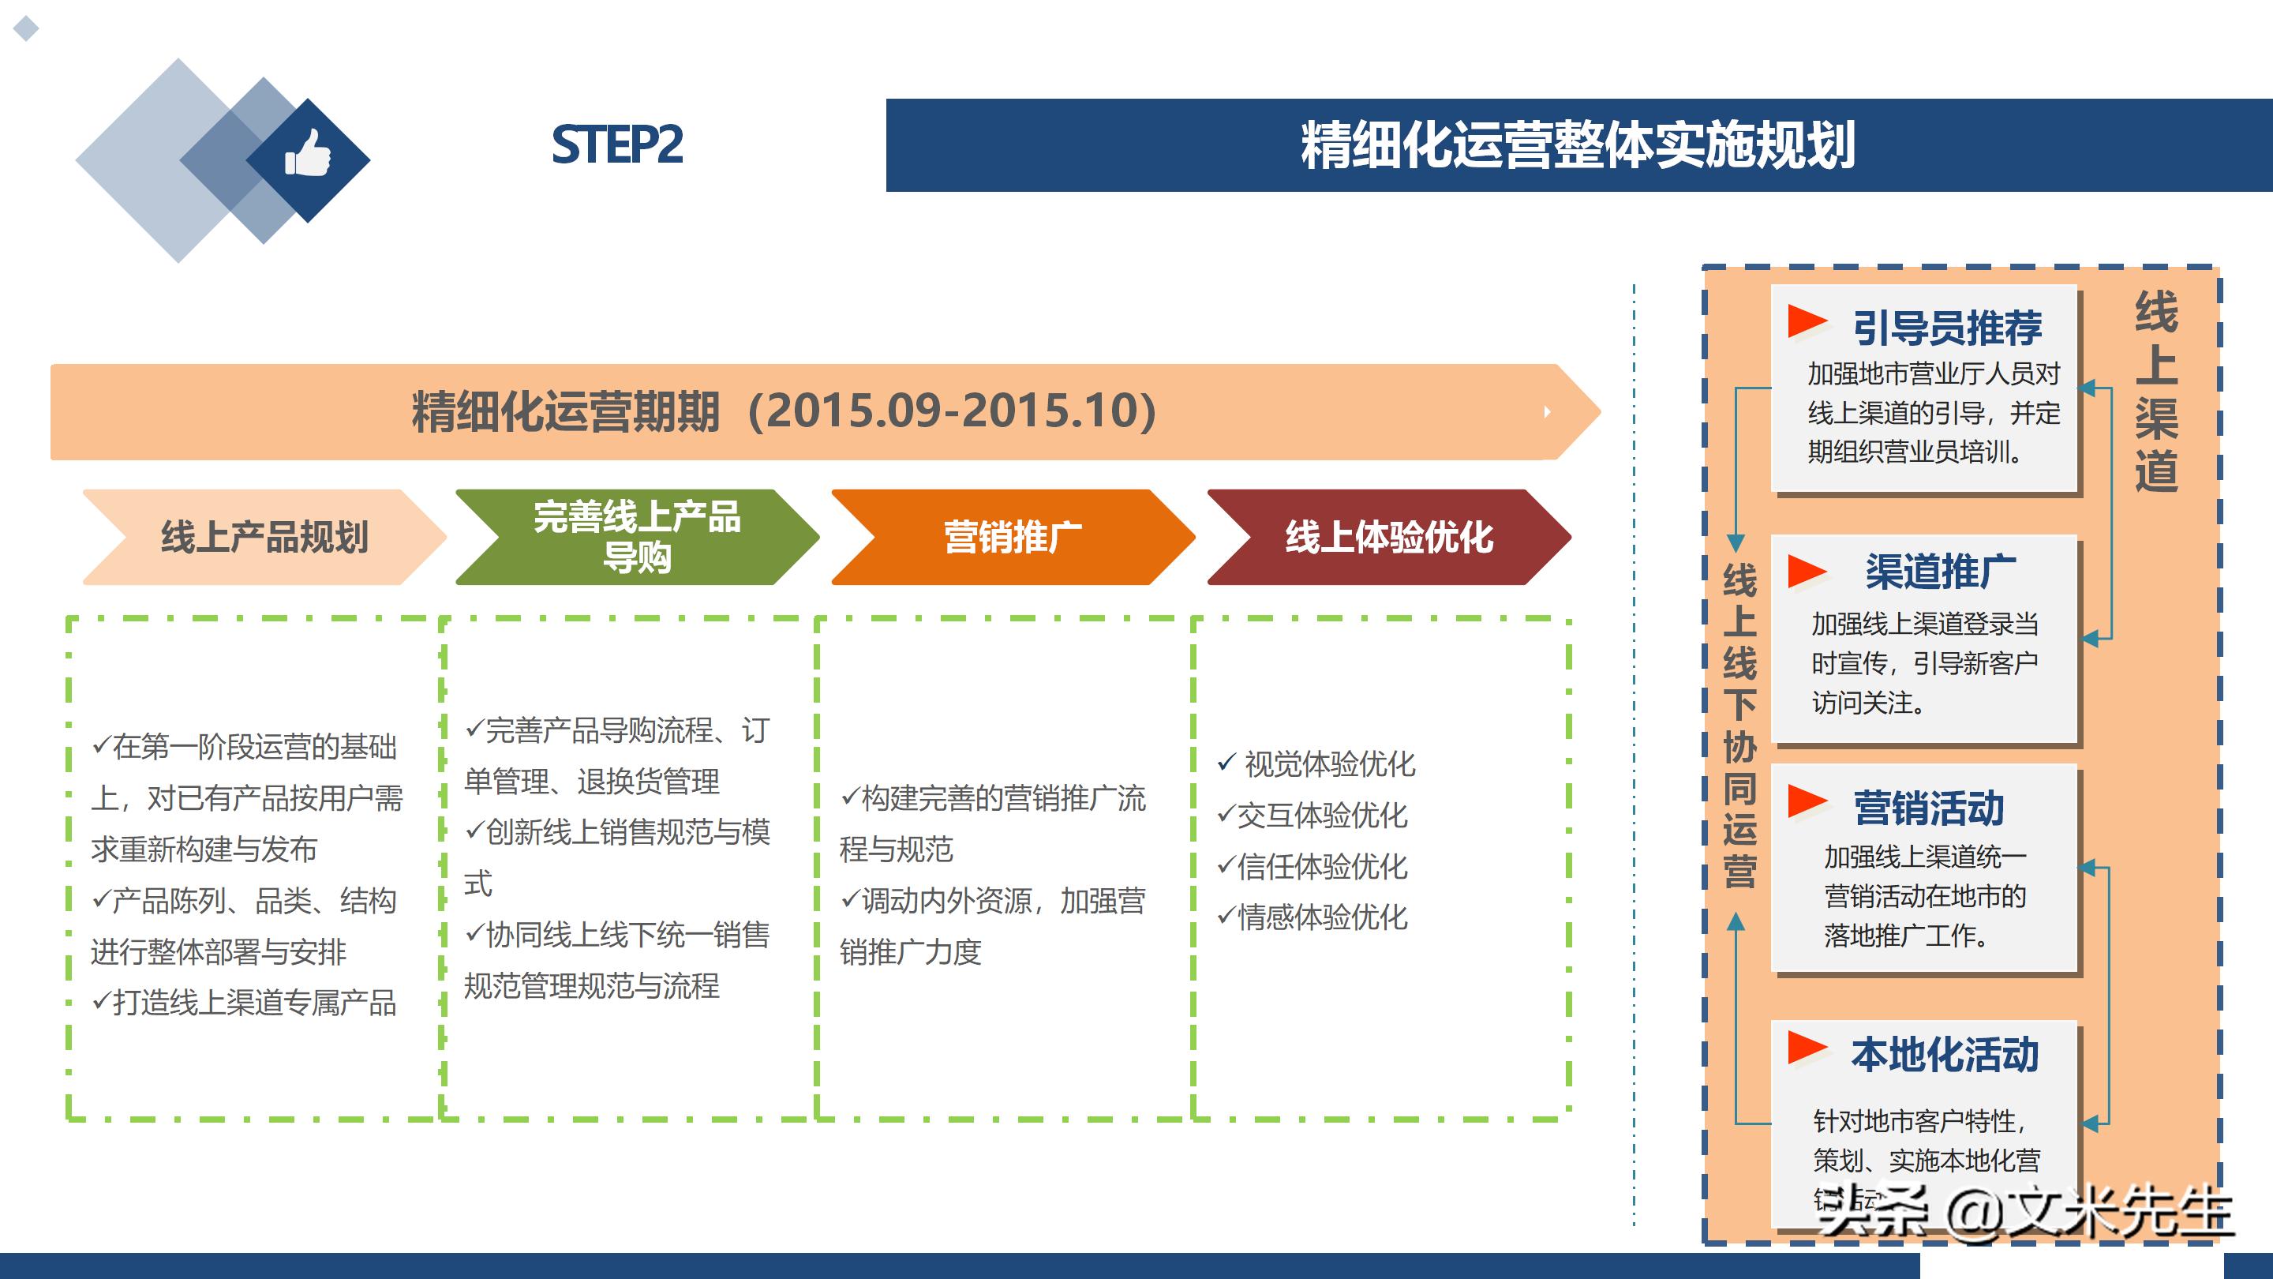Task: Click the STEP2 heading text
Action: [x=616, y=144]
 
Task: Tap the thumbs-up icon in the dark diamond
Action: [x=307, y=154]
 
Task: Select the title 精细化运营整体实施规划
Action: [x=1578, y=144]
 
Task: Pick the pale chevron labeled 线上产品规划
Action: [x=264, y=537]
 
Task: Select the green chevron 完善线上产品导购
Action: [x=636, y=537]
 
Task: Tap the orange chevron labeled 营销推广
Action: [x=1012, y=537]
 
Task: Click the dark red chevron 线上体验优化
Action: [x=1388, y=537]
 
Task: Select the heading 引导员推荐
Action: [x=1946, y=328]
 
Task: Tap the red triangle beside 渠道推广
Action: [x=1805, y=571]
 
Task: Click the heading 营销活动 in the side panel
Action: [x=1928, y=808]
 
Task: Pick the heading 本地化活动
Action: [x=1945, y=1055]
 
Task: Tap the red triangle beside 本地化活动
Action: [x=1805, y=1048]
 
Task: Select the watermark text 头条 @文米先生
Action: [x=2024, y=1211]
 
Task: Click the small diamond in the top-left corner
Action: [x=27, y=28]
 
